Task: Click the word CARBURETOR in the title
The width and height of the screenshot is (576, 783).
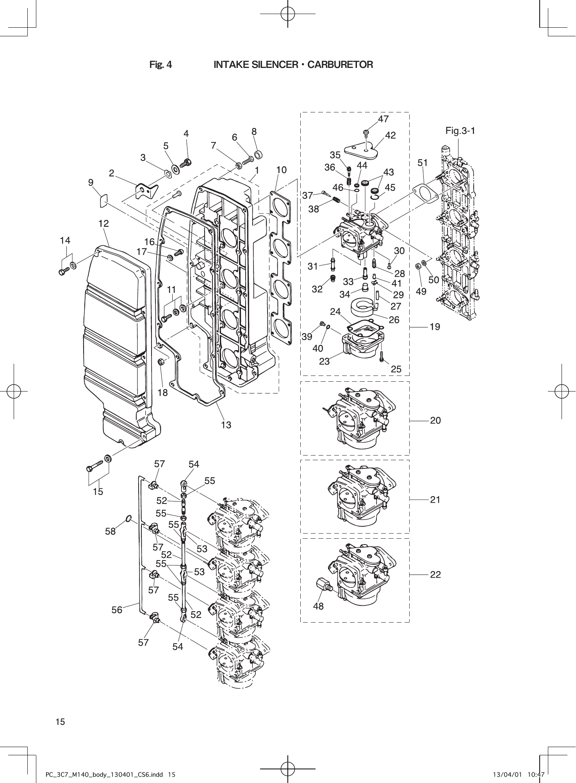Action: pos(340,64)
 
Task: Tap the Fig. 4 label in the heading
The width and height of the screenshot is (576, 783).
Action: pos(160,64)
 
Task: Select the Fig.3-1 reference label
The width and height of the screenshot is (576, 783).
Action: pos(460,131)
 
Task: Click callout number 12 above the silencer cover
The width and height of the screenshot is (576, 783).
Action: pos(103,224)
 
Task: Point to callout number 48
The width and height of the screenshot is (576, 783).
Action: pos(318,606)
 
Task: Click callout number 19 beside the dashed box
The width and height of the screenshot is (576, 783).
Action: pos(435,327)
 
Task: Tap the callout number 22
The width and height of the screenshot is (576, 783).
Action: pos(435,575)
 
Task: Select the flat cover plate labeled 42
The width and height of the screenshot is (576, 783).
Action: pos(361,151)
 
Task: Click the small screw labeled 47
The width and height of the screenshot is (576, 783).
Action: pos(366,133)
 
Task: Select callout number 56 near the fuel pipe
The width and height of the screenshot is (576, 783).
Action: pos(117,610)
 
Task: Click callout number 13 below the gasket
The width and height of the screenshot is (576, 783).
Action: pos(226,425)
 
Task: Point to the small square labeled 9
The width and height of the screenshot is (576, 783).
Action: pos(103,201)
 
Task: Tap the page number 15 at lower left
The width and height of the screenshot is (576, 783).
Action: pos(60,722)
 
